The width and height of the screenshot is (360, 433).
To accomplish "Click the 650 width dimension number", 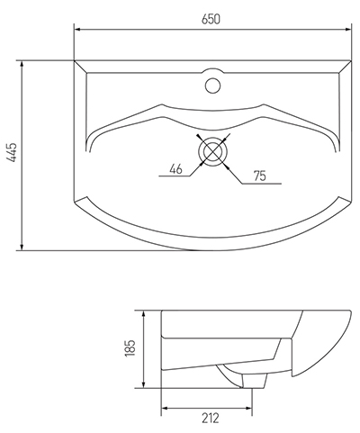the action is coord(211,19).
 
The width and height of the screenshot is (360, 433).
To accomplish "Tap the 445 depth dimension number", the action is coord(13,153).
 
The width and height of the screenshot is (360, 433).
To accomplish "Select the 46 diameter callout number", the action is coord(175,169).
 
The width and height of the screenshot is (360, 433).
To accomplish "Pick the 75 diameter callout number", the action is coord(260,176).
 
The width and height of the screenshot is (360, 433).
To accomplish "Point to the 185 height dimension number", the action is coord(130,348).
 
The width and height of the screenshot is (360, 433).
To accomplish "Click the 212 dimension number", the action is coord(211,418).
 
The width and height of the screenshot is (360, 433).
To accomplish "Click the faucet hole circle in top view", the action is coord(212,86).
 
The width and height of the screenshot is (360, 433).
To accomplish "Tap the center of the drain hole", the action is coord(212,151).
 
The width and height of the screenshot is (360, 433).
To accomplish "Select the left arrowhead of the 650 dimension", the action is coord(77,30).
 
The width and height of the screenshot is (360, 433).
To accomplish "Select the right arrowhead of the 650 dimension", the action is coord(348,30).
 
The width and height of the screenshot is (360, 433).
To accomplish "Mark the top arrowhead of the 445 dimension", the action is coord(22,64).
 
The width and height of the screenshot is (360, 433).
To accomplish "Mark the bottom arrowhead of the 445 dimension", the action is coord(22,247).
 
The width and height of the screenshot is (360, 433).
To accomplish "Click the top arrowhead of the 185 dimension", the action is coord(144,314).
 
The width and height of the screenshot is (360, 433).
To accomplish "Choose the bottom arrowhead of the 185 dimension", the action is coord(144,384).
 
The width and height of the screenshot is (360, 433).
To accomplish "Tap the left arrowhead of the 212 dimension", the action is coord(165,408).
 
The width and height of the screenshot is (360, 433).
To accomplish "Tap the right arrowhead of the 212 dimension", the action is coord(248,408).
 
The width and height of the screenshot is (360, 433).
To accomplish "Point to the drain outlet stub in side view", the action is coord(254,381).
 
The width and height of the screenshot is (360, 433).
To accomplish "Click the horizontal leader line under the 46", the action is coord(175,176).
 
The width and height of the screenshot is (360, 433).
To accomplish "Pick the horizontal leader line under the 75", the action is coord(262,183).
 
